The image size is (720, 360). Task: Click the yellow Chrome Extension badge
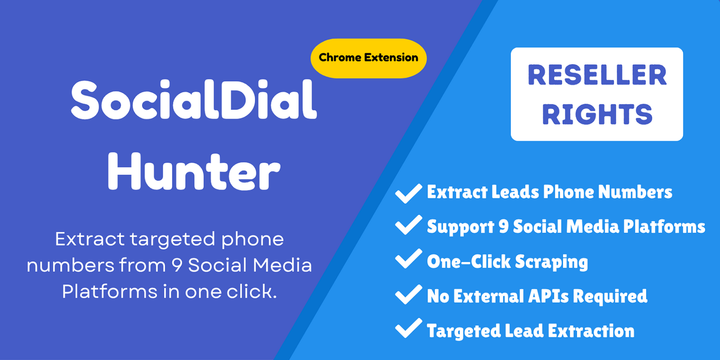tap(368, 58)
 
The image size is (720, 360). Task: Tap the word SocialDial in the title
tap(194, 100)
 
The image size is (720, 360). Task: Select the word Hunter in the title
tap(194, 171)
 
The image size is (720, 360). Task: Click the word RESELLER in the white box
tap(597, 74)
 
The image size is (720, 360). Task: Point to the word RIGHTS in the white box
tap(597, 114)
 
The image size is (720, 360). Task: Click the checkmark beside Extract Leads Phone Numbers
tap(408, 193)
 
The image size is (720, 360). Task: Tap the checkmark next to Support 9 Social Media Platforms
tap(408, 225)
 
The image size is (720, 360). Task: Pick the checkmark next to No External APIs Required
tap(408, 294)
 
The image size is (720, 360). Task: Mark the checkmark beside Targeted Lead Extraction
tap(408, 328)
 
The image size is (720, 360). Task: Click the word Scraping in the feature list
tap(552, 262)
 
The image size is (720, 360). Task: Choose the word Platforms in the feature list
tap(664, 227)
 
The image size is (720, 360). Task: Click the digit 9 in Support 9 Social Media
tap(503, 226)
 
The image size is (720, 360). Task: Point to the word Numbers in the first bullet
tap(635, 192)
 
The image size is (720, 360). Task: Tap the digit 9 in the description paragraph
tap(177, 265)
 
